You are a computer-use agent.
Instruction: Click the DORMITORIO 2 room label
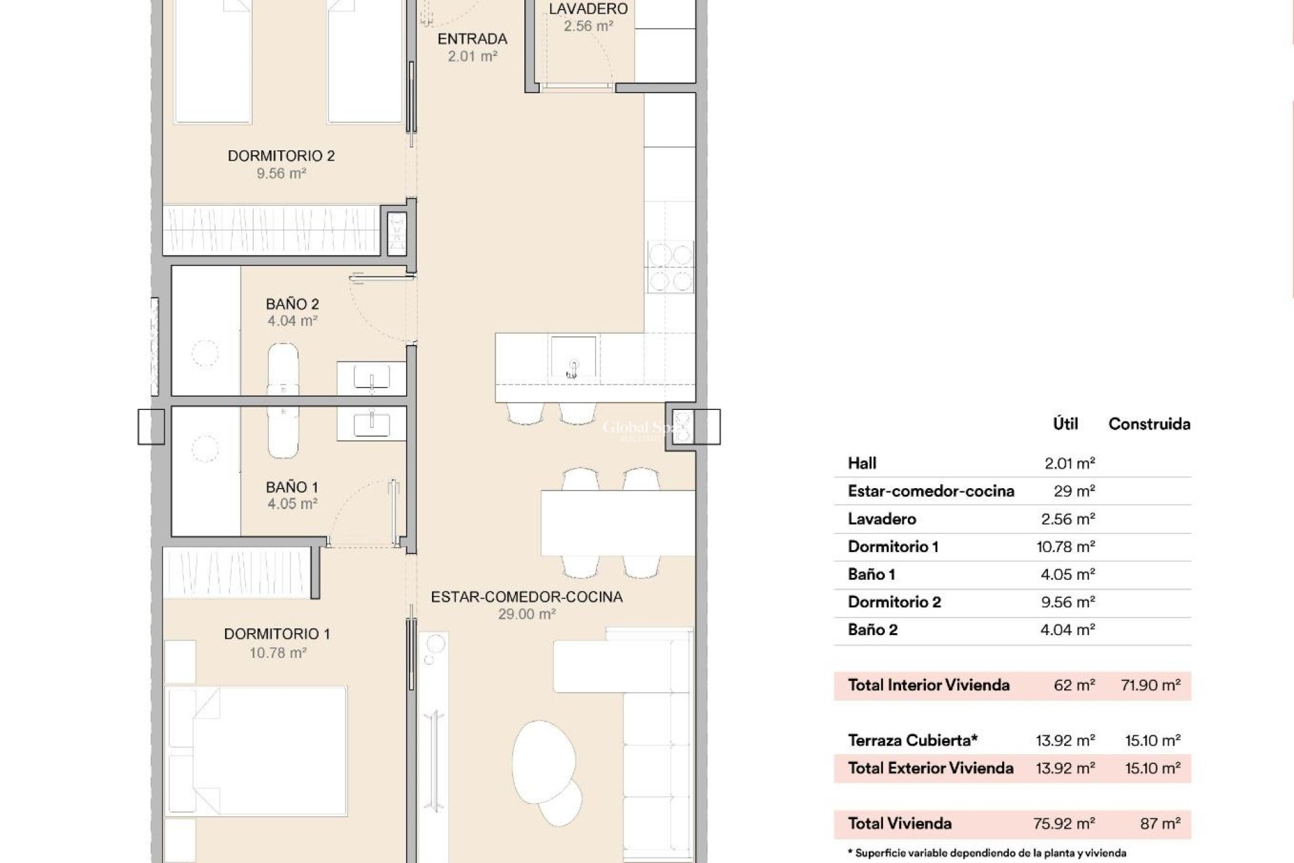click(281, 156)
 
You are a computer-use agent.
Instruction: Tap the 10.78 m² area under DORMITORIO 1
click(278, 653)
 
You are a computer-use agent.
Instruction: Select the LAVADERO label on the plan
click(588, 9)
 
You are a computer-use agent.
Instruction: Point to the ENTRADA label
click(472, 39)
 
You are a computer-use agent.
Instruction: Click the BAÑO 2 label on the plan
click(292, 304)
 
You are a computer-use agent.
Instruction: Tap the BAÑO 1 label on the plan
click(292, 487)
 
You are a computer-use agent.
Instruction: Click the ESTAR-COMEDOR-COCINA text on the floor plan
click(526, 597)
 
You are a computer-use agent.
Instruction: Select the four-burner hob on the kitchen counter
click(670, 266)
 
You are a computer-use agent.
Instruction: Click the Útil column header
click(1065, 424)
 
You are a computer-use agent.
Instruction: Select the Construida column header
click(1149, 424)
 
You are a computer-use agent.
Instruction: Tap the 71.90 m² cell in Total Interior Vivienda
click(1150, 685)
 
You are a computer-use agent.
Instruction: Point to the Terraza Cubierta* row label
click(912, 740)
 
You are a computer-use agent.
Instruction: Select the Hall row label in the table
click(862, 463)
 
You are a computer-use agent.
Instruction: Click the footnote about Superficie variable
click(987, 854)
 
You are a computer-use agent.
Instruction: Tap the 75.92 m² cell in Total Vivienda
click(1064, 823)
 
